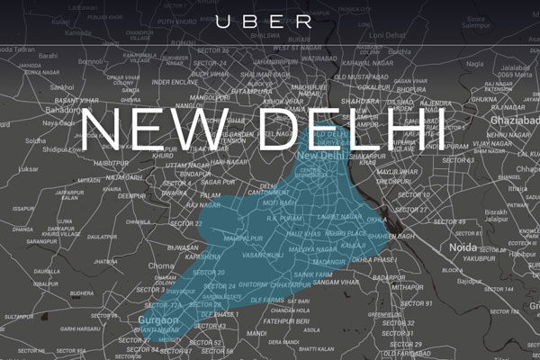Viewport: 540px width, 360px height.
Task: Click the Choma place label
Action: [161, 266]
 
